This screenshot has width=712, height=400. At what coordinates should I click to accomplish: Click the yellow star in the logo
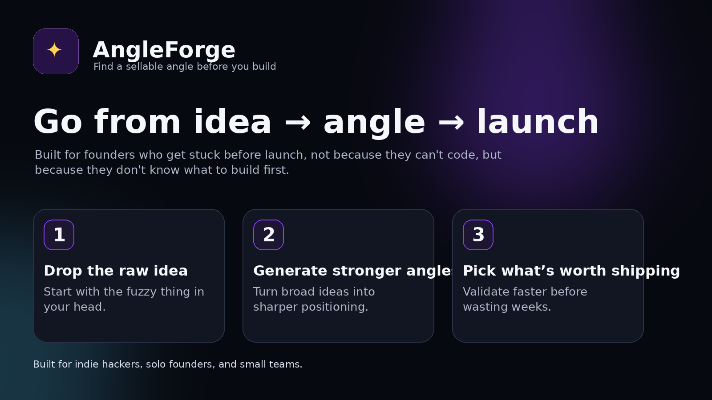click(x=54, y=50)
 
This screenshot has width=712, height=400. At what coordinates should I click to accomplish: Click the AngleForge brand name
click(x=164, y=50)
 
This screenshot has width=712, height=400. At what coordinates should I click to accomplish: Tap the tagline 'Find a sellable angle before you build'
click(x=185, y=67)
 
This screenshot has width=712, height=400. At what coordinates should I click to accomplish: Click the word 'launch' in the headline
click(x=538, y=122)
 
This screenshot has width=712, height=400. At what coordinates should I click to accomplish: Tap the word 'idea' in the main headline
click(x=232, y=122)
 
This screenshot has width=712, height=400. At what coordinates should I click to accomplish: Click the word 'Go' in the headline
click(x=58, y=122)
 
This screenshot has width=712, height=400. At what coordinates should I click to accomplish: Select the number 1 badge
click(x=59, y=235)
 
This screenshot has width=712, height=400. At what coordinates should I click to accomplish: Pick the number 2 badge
click(x=269, y=235)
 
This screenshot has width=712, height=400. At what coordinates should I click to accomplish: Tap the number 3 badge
click(x=478, y=235)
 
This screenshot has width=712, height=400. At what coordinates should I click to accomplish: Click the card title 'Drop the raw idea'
click(x=116, y=271)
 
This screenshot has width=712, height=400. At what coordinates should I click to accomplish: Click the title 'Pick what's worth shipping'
click(x=571, y=271)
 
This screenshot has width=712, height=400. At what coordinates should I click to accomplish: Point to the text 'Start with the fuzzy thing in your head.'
click(x=124, y=299)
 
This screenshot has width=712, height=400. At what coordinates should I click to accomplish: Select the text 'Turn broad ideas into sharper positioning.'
click(x=314, y=299)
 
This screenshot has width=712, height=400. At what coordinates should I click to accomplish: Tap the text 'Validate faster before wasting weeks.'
click(x=525, y=299)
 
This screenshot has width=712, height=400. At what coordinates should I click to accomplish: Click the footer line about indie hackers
click(x=167, y=364)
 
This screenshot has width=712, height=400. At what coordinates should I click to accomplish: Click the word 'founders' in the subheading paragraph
click(x=109, y=155)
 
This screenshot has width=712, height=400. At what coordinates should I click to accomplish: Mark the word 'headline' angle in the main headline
click(x=374, y=122)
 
